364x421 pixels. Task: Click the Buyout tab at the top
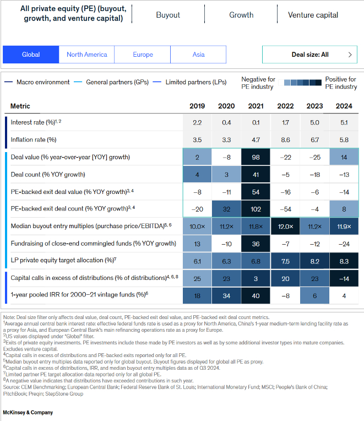pyautogui.click(x=168, y=15)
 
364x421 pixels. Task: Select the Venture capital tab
pyautogui.click(x=313, y=15)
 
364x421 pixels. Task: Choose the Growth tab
pyautogui.click(x=241, y=15)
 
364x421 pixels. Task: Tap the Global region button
pyautogui.click(x=31, y=55)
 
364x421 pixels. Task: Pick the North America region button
pyautogui.click(x=87, y=55)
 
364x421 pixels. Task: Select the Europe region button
pyautogui.click(x=143, y=55)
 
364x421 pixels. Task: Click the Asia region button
pyautogui.click(x=198, y=55)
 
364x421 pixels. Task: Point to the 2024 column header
pyautogui.click(x=344, y=106)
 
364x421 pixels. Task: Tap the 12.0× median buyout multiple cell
pyautogui.click(x=285, y=226)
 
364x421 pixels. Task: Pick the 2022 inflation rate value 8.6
pyautogui.click(x=285, y=140)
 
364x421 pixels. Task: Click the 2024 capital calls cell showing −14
pyautogui.click(x=344, y=278)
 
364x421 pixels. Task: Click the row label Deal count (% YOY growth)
pyautogui.click(x=48, y=174)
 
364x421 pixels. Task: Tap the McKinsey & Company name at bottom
pyautogui.click(x=28, y=412)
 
